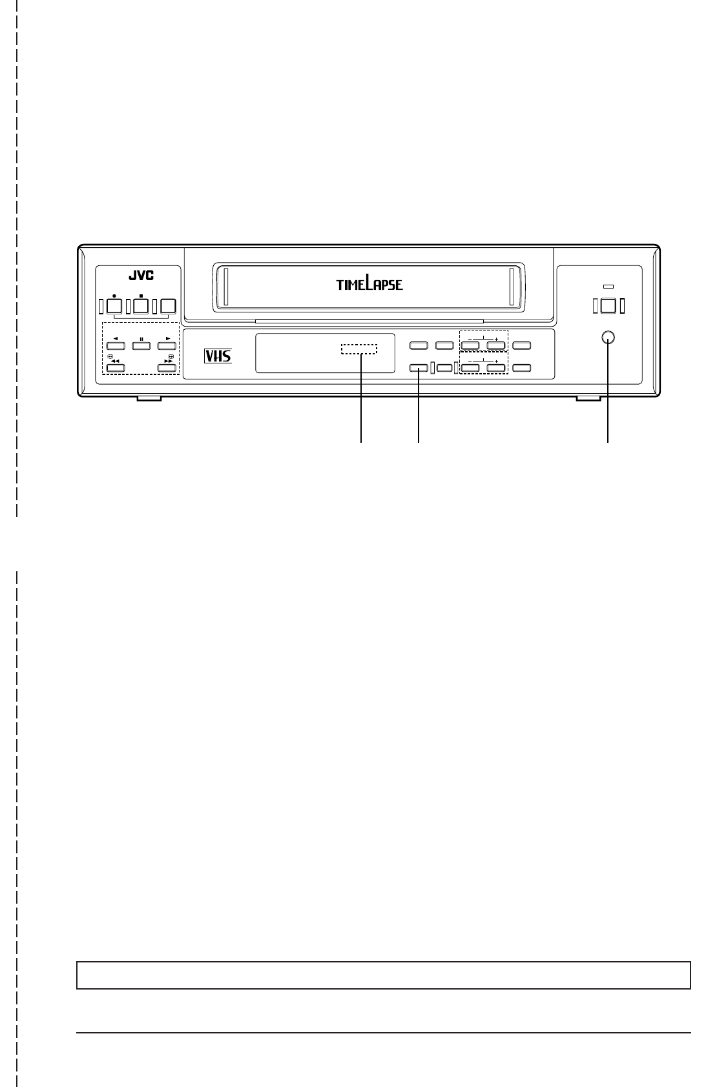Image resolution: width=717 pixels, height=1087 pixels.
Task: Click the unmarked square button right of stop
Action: coord(168,306)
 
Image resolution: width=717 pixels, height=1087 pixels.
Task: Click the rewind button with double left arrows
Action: coord(114,369)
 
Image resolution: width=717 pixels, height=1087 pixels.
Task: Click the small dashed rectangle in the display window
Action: coord(358,349)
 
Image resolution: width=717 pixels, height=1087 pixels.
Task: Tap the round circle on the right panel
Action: coord(607,337)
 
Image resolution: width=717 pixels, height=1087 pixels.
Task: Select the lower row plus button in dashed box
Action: coord(495,369)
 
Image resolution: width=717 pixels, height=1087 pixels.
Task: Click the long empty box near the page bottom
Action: coord(384,975)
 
